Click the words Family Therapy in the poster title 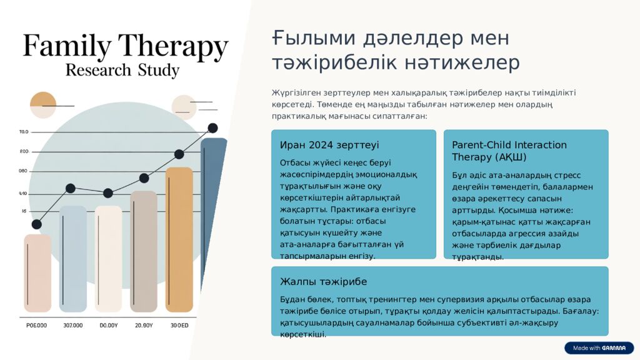tap(126, 46)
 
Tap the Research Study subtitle tap(122, 69)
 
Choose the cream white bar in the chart tap(108, 259)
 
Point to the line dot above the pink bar tap(37, 224)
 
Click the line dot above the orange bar tap(179, 154)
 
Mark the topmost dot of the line tap(212, 128)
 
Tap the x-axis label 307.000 tap(73, 326)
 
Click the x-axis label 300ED tap(179, 326)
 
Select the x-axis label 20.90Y tap(144, 326)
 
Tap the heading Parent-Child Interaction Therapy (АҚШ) tap(509, 151)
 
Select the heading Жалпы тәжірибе tap(323, 281)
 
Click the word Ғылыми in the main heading tap(305, 39)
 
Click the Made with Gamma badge tap(599, 348)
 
